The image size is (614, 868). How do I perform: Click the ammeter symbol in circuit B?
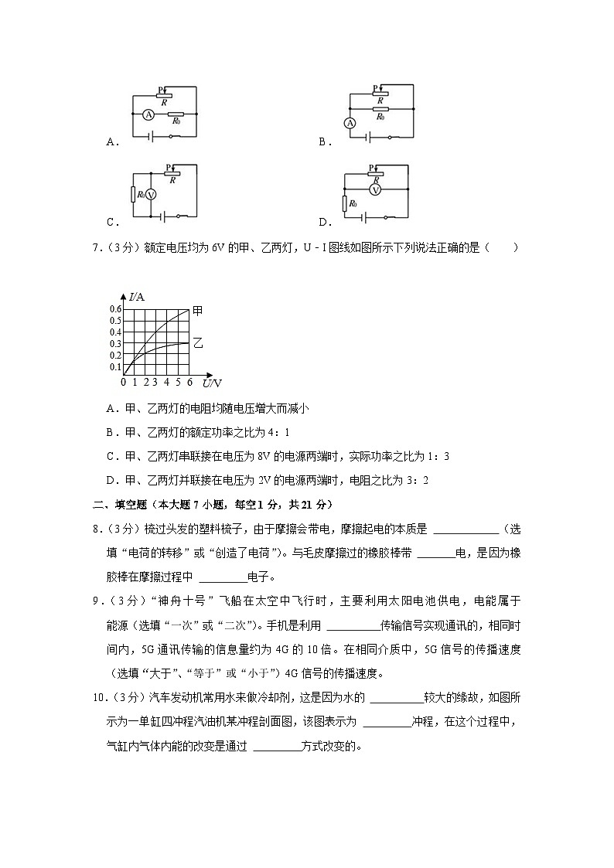point(350,123)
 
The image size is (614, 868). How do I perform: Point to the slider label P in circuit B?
point(374,88)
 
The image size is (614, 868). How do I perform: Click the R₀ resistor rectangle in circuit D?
point(344,203)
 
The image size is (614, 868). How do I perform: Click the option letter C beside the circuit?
point(112,222)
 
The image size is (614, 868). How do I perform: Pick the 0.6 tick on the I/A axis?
point(115,309)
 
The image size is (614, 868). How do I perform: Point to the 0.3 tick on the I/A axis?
point(115,344)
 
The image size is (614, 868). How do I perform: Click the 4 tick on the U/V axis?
point(167,383)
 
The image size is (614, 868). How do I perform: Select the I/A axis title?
point(136,296)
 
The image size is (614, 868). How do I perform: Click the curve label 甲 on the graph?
point(198,311)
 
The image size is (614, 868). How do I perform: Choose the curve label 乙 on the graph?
point(198,342)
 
